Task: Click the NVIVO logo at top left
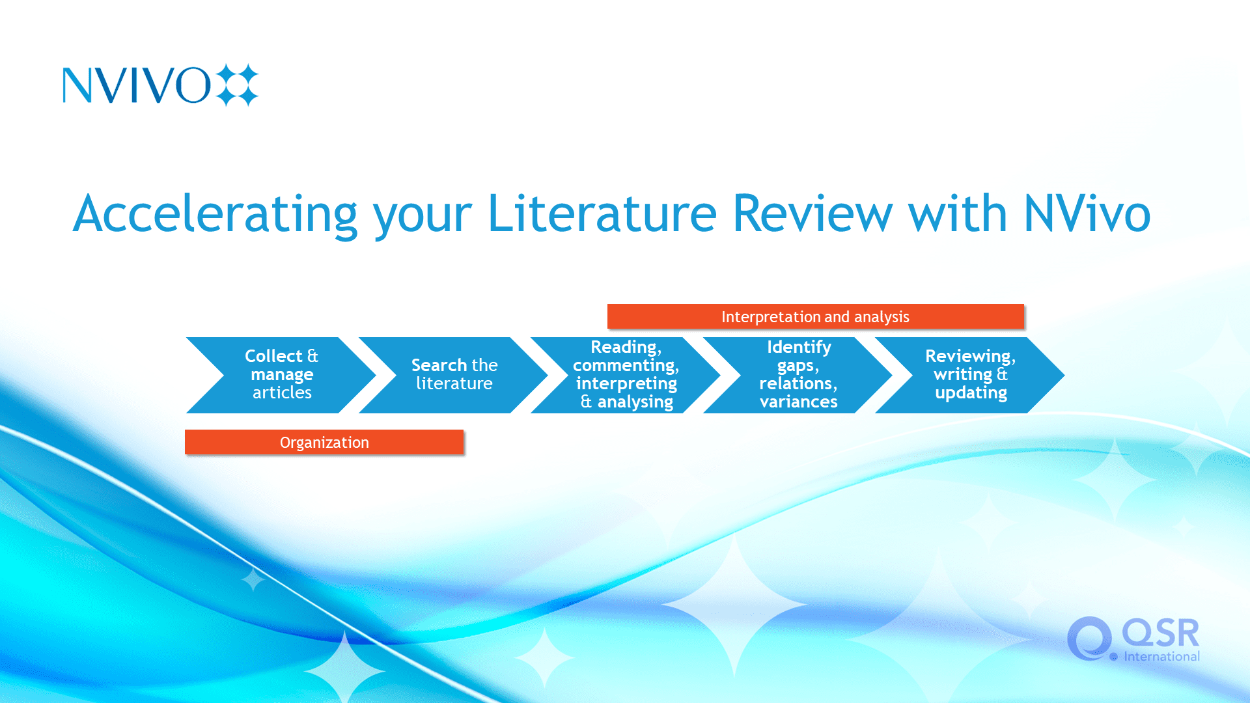pos(160,85)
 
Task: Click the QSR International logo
pos(1133,639)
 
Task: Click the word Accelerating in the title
pos(215,214)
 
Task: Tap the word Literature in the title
pos(602,213)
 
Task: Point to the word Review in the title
pos(812,213)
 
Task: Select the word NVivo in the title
pos(1087,213)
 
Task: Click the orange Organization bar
pos(324,442)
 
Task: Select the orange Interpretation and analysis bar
pos(815,316)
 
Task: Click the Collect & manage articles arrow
pos(281,375)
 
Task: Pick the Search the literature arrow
pos(454,375)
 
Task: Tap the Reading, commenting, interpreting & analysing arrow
pos(626,375)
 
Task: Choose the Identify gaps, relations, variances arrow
pos(798,375)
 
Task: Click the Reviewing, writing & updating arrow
pos(970,375)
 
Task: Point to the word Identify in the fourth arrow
pos(799,348)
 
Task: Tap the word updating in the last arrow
pos(971,393)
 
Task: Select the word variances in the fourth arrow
pos(798,402)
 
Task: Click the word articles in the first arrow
pos(282,393)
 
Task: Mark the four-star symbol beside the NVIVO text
pos(237,85)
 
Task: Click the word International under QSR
pos(1161,656)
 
